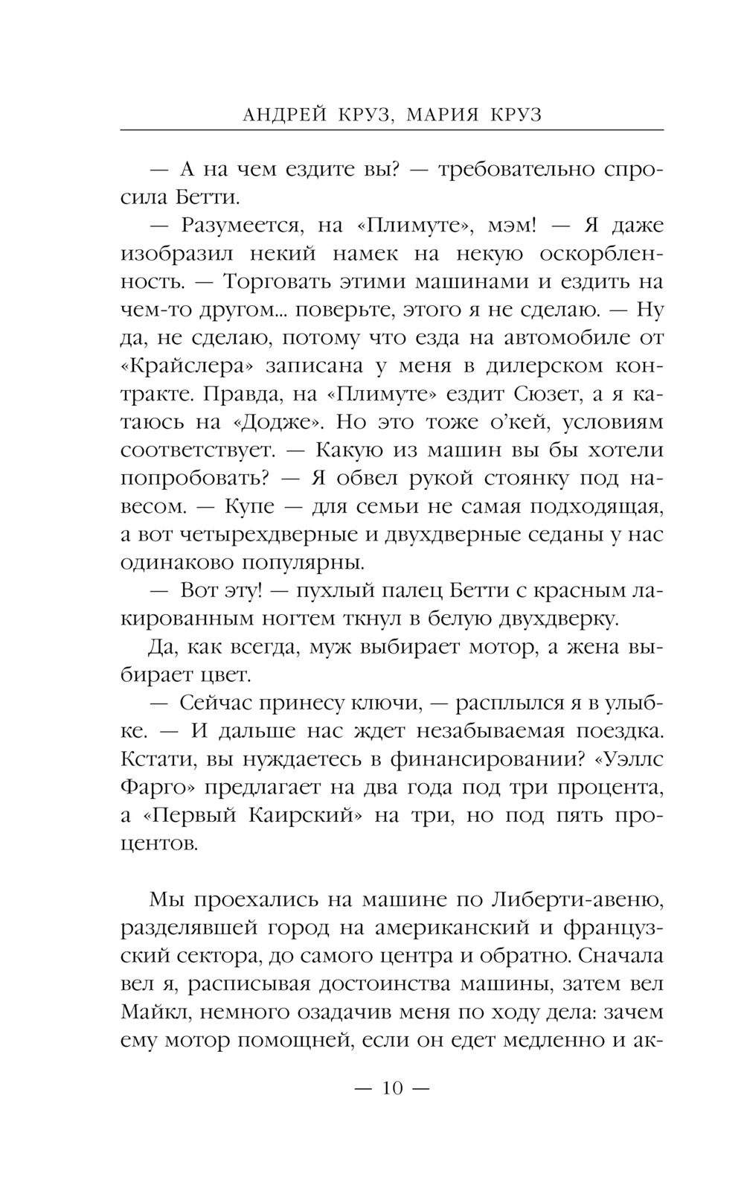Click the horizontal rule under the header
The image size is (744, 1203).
point(391,130)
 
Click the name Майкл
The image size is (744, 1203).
point(149,1012)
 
